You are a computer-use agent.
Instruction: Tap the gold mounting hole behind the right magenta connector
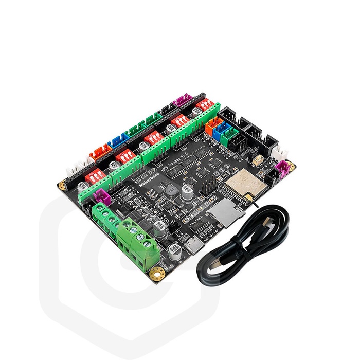click(x=292, y=164)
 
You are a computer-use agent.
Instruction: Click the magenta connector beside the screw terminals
click(x=101, y=195)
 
